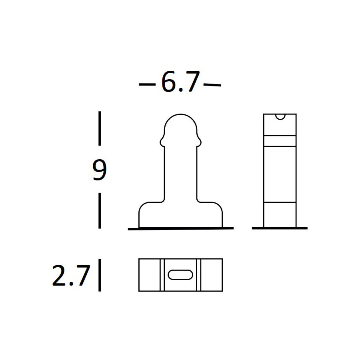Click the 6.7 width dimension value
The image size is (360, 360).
point(180,82)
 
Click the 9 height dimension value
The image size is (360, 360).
point(100,170)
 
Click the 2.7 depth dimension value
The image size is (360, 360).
point(71,275)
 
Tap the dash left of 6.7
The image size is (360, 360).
point(147,84)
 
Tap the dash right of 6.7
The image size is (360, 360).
point(212,85)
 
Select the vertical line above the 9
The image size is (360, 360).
point(100,128)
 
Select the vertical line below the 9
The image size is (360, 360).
point(100,210)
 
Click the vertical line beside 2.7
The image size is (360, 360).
point(100,275)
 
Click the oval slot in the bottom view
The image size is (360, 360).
point(180,275)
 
